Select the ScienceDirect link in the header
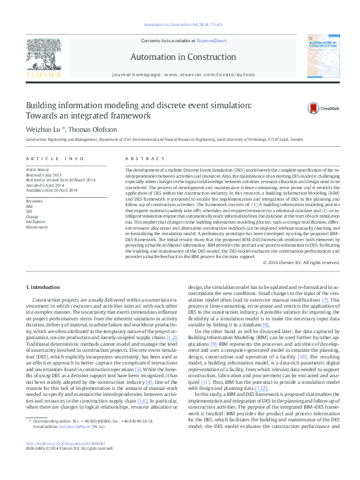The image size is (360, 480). (x=211, y=41)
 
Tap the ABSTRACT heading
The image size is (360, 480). (x=136, y=158)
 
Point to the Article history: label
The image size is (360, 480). (x=38, y=170)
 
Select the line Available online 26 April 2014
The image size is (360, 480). (x=51, y=190)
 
